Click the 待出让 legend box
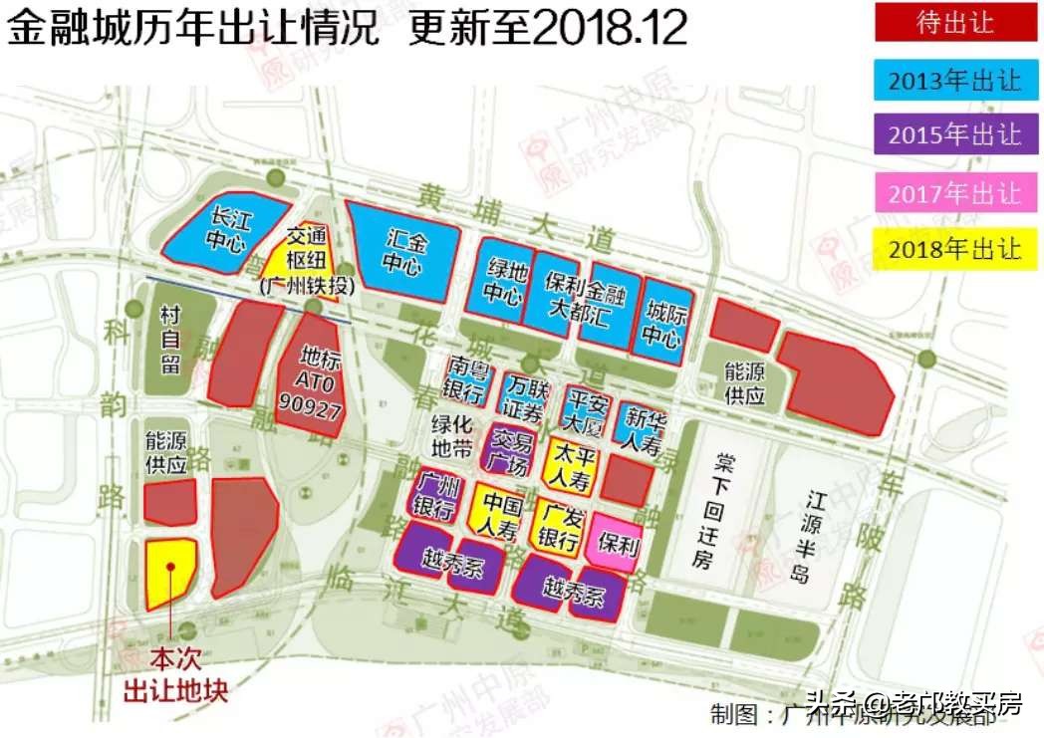tap(954, 23)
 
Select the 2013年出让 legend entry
tap(954, 80)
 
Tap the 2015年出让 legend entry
tap(954, 134)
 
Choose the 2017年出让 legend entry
tap(954, 192)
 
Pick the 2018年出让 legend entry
tap(954, 249)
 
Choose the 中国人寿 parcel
tap(498, 511)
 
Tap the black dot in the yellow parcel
tap(171, 567)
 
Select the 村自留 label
tap(169, 340)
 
